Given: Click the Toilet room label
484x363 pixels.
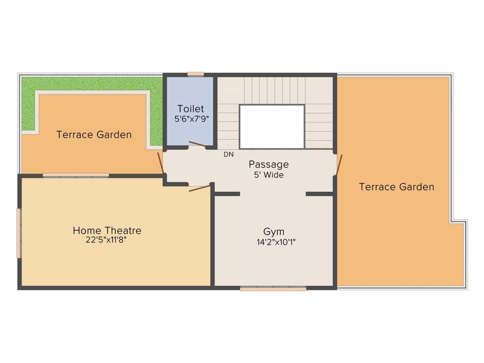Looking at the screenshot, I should (x=190, y=109).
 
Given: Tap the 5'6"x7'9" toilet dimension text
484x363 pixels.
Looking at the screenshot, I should (x=191, y=119).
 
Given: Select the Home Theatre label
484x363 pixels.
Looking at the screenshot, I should (x=107, y=231).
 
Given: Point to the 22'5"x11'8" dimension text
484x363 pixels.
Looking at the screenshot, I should (x=106, y=240).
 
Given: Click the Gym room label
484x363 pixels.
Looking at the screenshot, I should (x=274, y=232).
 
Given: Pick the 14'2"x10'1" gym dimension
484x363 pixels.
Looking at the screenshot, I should (x=273, y=242).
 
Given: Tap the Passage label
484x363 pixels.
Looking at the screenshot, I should (x=268, y=164).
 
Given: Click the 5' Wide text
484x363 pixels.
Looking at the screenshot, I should (x=268, y=175).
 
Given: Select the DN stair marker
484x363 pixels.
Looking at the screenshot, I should (x=228, y=154).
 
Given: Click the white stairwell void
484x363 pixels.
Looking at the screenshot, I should (x=271, y=126).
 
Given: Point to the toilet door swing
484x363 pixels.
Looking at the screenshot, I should (x=197, y=144).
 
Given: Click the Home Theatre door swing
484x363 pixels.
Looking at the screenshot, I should (x=199, y=188).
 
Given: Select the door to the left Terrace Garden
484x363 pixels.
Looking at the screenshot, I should (x=161, y=162).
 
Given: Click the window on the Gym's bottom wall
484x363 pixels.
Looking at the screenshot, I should (x=273, y=288).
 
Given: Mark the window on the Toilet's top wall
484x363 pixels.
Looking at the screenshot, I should (x=195, y=74).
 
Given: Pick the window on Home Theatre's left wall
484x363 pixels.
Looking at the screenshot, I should (x=19, y=233).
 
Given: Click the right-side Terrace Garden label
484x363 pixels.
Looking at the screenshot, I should (x=396, y=187).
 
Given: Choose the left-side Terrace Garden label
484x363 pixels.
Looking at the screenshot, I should (x=94, y=135).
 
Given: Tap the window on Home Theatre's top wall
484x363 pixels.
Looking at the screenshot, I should (x=76, y=175).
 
